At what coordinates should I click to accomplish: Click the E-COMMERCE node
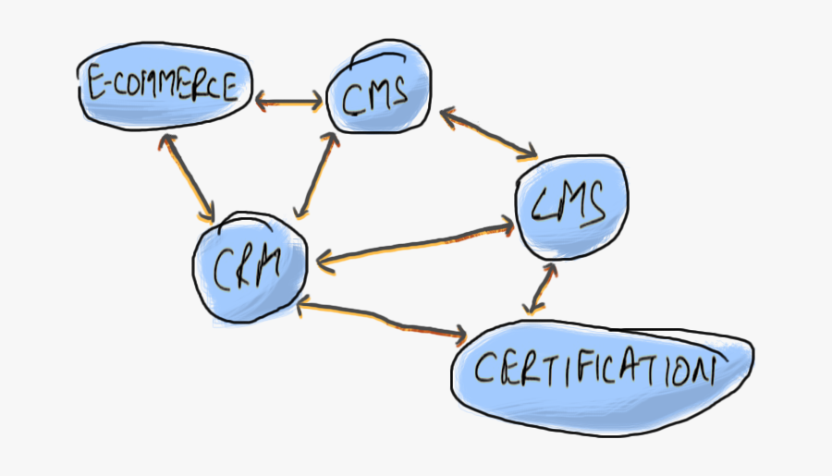[x=165, y=90]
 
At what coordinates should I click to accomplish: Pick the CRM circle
[x=249, y=268]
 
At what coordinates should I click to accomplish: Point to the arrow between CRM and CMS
[x=313, y=174]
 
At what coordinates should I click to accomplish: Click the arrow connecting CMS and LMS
[x=489, y=133]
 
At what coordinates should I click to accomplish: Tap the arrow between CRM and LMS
[x=415, y=242]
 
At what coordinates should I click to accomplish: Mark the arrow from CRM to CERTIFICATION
[x=381, y=318]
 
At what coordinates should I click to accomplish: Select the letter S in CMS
[x=399, y=92]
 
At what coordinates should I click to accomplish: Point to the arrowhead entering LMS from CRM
[x=508, y=223]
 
